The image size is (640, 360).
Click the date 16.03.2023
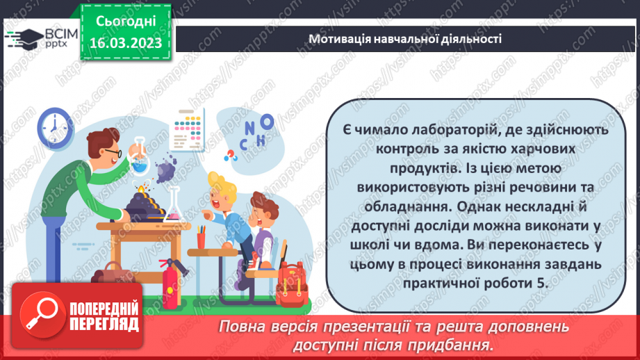click(129, 44)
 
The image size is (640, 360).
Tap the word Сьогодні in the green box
click(129, 22)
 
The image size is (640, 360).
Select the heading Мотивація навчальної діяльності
click(406, 39)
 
